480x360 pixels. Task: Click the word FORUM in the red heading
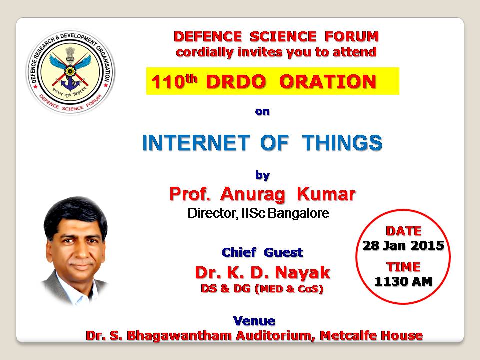(x=352, y=36)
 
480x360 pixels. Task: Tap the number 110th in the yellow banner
(x=174, y=81)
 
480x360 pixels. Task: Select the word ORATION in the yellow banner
(x=328, y=81)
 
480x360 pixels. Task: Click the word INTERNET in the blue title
(x=196, y=143)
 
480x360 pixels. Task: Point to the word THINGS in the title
(x=342, y=143)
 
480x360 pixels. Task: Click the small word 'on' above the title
(x=262, y=111)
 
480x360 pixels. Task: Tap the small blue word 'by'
(x=262, y=175)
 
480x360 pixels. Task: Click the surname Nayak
(x=303, y=273)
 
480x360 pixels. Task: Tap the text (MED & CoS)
(x=289, y=289)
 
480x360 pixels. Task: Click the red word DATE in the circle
(x=404, y=231)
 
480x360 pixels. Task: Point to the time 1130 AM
(x=404, y=281)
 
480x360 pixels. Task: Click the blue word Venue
(x=254, y=321)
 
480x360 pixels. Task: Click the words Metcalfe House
(x=371, y=336)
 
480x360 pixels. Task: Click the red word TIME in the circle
(x=404, y=267)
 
